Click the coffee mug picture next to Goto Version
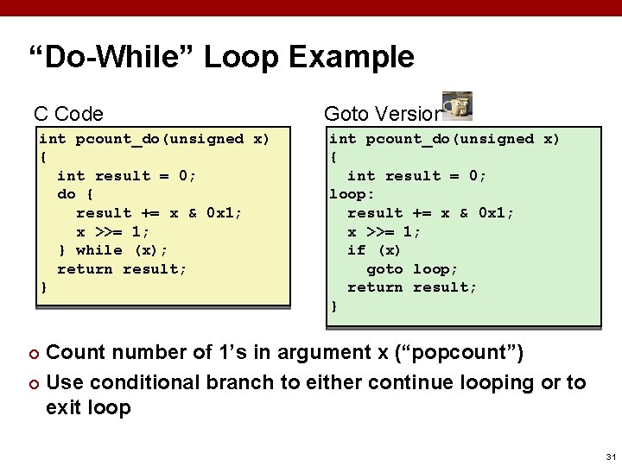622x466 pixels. click(457, 105)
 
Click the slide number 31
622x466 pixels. click(611, 457)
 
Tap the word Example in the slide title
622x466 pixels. click(352, 58)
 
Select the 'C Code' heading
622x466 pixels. click(68, 114)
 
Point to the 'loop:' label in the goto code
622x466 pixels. click(352, 194)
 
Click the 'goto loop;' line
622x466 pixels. click(412, 268)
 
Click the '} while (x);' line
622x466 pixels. click(111, 250)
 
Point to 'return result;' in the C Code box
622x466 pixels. click(122, 268)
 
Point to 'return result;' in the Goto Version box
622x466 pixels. click(412, 287)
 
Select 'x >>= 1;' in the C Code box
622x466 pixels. click(113, 231)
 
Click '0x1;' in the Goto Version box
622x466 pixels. click(496, 213)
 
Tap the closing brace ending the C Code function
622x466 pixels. click(43, 287)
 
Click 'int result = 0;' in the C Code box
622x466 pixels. click(126, 175)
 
